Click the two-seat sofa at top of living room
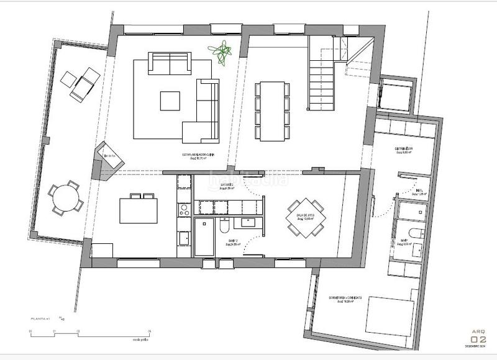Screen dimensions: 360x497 (169, 63)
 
